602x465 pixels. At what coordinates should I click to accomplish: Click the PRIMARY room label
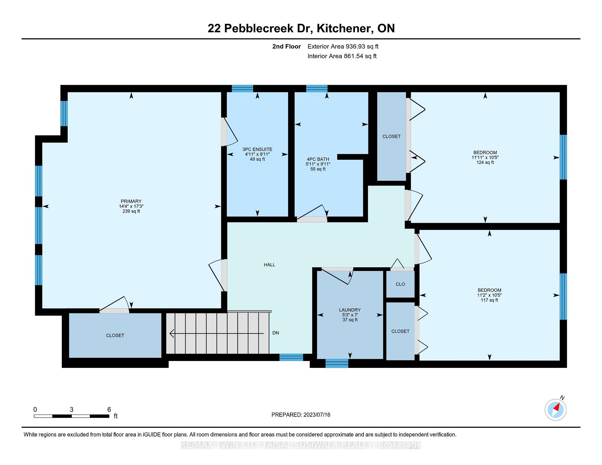tap(131, 201)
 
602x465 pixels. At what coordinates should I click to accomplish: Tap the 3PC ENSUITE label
tap(257, 149)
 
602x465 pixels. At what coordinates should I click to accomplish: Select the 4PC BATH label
tap(318, 159)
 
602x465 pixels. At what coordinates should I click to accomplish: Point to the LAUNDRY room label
tap(350, 310)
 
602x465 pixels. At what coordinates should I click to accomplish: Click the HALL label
tap(269, 265)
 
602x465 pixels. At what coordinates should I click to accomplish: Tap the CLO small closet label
tap(400, 284)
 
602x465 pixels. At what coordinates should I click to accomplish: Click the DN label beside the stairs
tap(276, 333)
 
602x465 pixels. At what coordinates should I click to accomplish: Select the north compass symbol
tap(556, 409)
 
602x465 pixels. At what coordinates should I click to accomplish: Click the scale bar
tap(71, 416)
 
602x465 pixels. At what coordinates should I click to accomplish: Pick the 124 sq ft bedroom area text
tap(485, 162)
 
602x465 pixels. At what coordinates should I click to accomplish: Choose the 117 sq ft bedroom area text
tap(489, 300)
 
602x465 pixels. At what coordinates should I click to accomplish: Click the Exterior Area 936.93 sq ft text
tap(343, 46)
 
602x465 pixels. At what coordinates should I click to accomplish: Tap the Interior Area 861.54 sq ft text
tap(342, 56)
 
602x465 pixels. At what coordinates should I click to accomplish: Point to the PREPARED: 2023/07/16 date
tap(301, 415)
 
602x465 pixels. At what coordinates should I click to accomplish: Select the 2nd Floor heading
tap(287, 46)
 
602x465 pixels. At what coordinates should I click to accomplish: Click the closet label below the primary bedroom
tap(115, 335)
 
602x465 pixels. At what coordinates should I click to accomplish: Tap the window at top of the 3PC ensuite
tap(242, 88)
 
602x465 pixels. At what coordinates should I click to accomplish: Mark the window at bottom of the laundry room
tap(337, 363)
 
